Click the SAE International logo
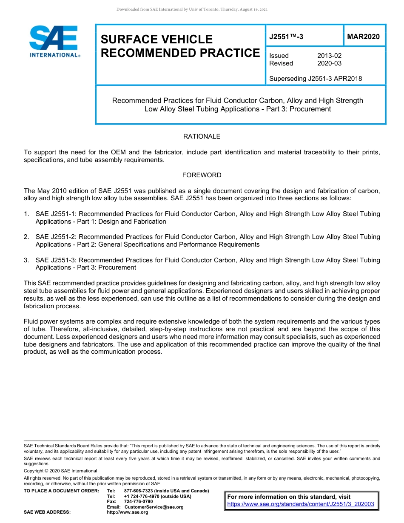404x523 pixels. pyautogui.click(x=54, y=41)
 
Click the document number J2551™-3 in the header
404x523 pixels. pyautogui.click(x=286, y=37)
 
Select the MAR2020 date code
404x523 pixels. pyautogui.click(x=363, y=37)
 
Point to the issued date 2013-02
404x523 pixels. pyautogui.click(x=329, y=56)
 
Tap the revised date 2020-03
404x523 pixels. pyautogui.click(x=329, y=63)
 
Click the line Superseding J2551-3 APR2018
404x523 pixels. pyautogui.click(x=316, y=79)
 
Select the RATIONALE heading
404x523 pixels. pyautogui.click(x=202, y=136)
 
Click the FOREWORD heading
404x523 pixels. pyautogui.click(x=202, y=175)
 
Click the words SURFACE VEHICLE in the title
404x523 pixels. pyautogui.click(x=156, y=40)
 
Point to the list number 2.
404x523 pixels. pyautogui.click(x=26, y=237)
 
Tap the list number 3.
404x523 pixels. pyautogui.click(x=26, y=260)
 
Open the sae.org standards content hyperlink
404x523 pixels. pyautogui.click(x=301, y=504)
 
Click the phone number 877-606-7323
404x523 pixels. pyautogui.click(x=142, y=491)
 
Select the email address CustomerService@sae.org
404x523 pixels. pyautogui.click(x=154, y=507)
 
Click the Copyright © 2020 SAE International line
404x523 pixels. pyautogui.click(x=60, y=471)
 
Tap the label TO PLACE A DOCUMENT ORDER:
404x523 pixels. pyautogui.click(x=61, y=491)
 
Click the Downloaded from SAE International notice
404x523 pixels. pyautogui.click(x=192, y=9)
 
